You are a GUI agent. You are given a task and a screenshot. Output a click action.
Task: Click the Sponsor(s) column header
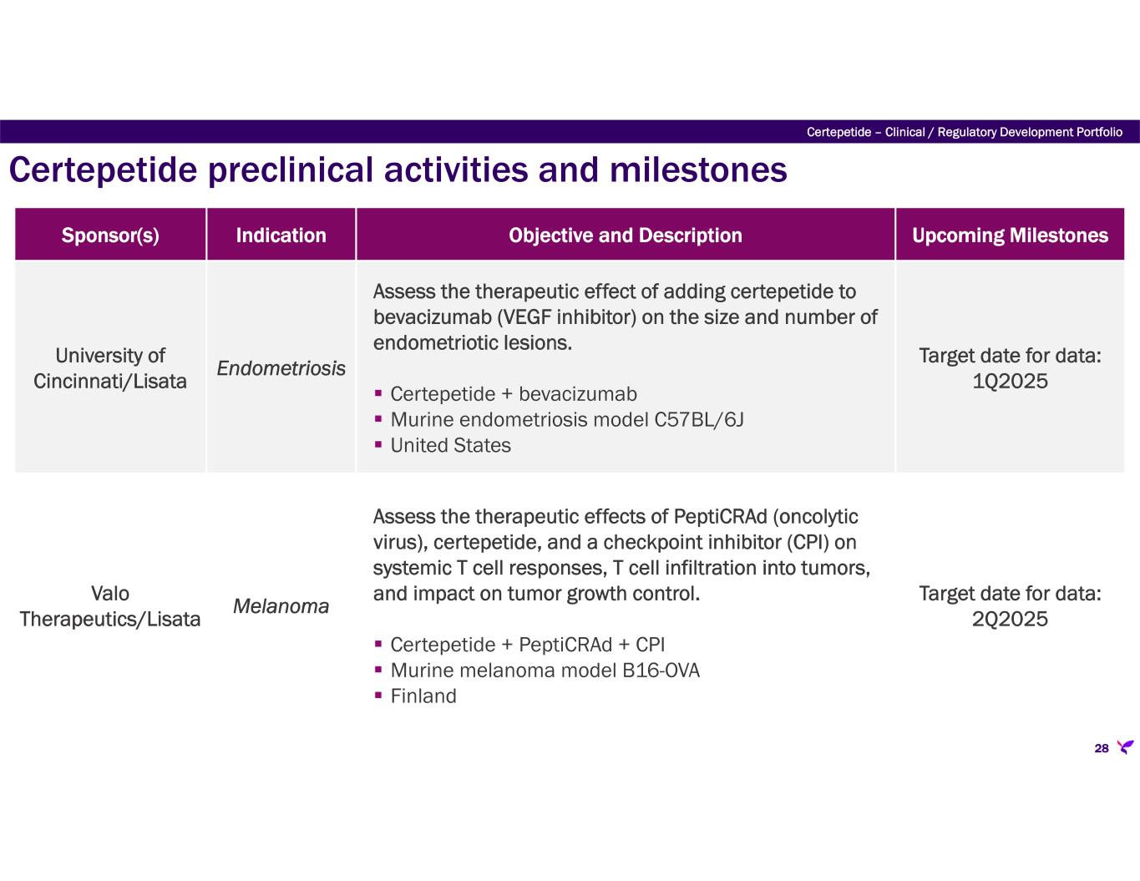click(110, 235)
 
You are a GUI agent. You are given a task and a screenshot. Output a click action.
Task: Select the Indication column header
click(281, 235)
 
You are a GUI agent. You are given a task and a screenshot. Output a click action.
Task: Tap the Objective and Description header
click(625, 235)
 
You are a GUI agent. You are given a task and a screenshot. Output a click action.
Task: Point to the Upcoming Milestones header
click(1010, 235)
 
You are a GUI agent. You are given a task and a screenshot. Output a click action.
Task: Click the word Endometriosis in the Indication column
click(281, 368)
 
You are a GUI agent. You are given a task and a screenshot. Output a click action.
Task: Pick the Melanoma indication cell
click(281, 606)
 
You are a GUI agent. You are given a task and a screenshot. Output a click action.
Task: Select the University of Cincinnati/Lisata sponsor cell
click(110, 368)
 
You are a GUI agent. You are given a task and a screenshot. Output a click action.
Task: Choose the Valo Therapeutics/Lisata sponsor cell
click(110, 606)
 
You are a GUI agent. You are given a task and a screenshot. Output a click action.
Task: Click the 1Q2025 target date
click(1010, 382)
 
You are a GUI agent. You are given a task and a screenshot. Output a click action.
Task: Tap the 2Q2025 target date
click(1010, 620)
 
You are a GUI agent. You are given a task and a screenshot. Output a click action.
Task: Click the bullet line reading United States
click(450, 446)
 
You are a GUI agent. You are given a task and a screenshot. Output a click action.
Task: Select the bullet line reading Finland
click(423, 696)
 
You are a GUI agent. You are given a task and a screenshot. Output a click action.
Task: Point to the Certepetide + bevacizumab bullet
click(513, 394)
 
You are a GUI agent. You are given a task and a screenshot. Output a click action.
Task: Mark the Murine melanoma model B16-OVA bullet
click(545, 671)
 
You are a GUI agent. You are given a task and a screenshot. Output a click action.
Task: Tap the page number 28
click(1101, 748)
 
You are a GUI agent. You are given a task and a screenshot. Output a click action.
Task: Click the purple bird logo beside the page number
click(1126, 747)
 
